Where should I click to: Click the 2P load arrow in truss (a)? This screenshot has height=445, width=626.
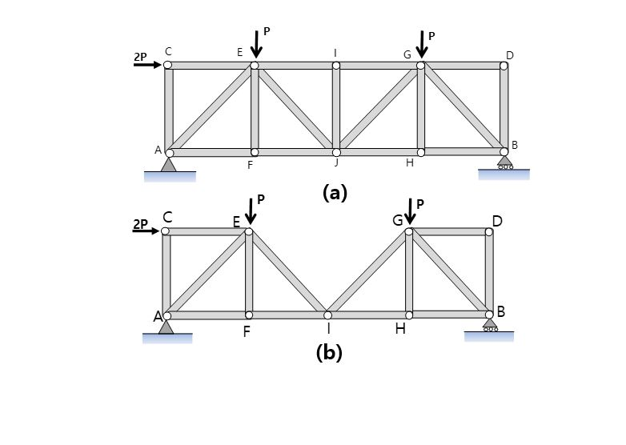(147, 64)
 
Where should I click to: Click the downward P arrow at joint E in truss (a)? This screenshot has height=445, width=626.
(255, 45)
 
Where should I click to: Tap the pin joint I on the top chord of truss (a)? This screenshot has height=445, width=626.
(336, 66)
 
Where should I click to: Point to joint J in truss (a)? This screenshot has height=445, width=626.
(336, 152)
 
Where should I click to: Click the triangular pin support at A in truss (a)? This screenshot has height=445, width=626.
(168, 164)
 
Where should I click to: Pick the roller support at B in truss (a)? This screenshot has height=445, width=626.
(504, 162)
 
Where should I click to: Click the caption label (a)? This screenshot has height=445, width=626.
(334, 192)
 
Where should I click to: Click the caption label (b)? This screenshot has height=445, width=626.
(329, 353)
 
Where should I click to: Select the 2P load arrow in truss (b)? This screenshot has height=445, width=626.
(146, 231)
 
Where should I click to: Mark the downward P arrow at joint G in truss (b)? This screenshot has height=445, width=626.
(409, 211)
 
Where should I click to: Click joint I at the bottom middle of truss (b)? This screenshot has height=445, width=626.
(327, 315)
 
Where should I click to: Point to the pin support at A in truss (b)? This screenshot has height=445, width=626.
(167, 327)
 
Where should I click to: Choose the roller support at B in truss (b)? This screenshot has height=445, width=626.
(489, 324)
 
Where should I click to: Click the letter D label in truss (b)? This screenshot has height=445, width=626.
(497, 220)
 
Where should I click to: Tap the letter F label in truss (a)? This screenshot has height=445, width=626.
(251, 165)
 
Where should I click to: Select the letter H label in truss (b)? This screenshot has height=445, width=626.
(400, 329)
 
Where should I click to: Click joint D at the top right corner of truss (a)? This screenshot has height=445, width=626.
(504, 66)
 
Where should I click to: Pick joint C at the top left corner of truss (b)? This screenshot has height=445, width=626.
(165, 231)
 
